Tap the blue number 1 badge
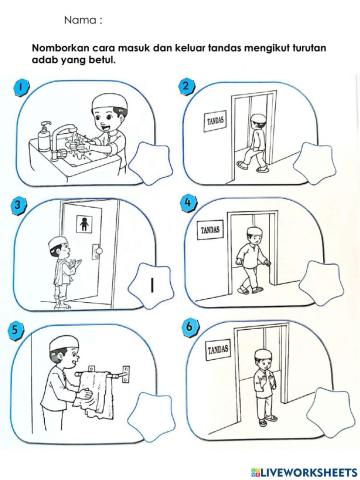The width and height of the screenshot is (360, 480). (x=22, y=87)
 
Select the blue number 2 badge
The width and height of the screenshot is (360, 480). (x=186, y=86)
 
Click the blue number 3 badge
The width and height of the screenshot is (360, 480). (x=18, y=204)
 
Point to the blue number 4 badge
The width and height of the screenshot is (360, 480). (x=188, y=203)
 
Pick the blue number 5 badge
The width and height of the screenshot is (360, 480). (x=16, y=330)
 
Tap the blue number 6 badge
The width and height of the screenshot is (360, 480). (x=190, y=327)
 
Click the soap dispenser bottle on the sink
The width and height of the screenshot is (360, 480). (x=44, y=137)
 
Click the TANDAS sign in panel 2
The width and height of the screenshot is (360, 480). (x=214, y=122)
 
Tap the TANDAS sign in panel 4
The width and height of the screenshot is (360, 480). (x=210, y=229)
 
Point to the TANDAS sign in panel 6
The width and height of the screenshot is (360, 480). (x=218, y=350)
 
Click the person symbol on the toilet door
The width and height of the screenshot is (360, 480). (x=83, y=224)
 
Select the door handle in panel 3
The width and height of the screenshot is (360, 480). (x=97, y=251)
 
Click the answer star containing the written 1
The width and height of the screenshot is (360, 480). (x=152, y=285)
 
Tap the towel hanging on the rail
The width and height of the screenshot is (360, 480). (x=94, y=394)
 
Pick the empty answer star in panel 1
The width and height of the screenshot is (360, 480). (x=151, y=163)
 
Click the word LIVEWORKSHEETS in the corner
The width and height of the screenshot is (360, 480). (x=309, y=472)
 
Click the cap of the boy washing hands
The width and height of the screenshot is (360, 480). (x=110, y=102)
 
